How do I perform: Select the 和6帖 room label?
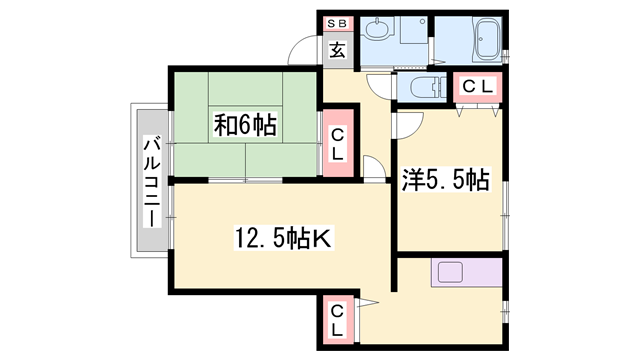coord(245,126)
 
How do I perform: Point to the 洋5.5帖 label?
coord(445,181)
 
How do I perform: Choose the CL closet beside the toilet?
coord(477,87)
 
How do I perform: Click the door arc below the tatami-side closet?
coord(371,170)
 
